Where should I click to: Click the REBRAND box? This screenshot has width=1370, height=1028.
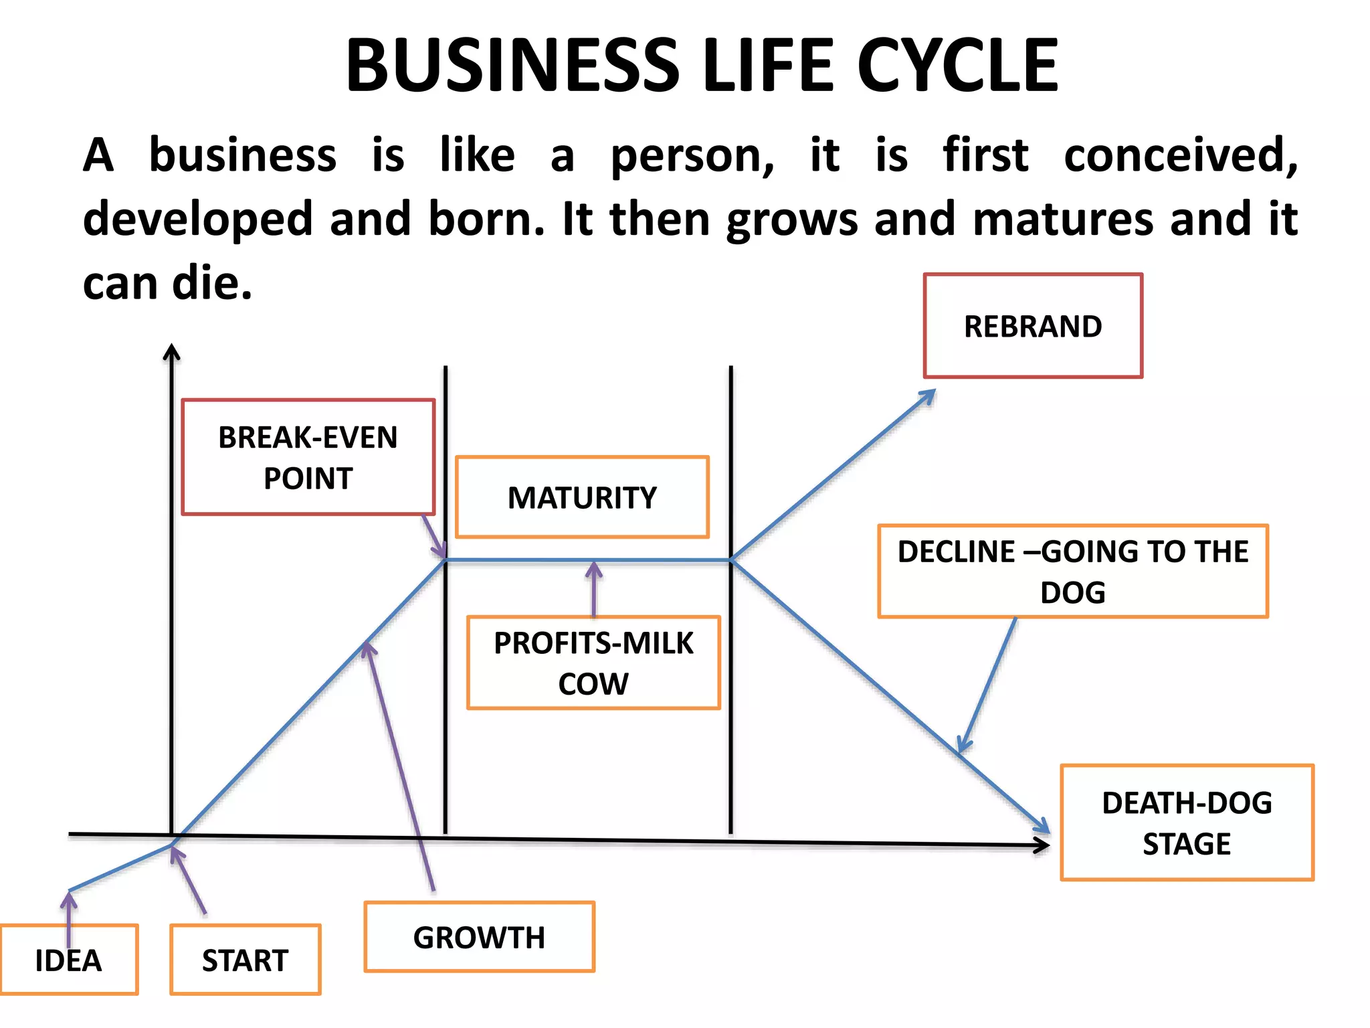1033,326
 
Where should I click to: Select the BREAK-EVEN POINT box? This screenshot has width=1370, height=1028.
308,457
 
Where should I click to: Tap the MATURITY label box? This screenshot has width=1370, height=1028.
582,497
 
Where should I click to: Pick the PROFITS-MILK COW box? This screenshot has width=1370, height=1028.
593,663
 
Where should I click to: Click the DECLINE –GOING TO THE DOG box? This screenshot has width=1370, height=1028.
1073,572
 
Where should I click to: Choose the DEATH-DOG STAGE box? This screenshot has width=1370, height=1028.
1187,823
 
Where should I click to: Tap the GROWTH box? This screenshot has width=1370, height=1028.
479,937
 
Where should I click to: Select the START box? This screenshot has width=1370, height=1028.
246,960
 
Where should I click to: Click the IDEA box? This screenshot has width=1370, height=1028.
69,960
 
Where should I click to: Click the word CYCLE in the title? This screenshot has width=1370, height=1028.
958,66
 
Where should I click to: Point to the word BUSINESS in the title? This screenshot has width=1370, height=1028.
512,66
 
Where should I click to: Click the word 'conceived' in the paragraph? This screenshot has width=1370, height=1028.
1181,155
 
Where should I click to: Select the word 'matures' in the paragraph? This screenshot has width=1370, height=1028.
1064,220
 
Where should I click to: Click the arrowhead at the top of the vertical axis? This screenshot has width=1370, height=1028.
172,351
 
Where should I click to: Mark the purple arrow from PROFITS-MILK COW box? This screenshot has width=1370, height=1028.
593,589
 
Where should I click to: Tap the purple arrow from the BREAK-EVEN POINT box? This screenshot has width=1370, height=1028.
434,537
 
